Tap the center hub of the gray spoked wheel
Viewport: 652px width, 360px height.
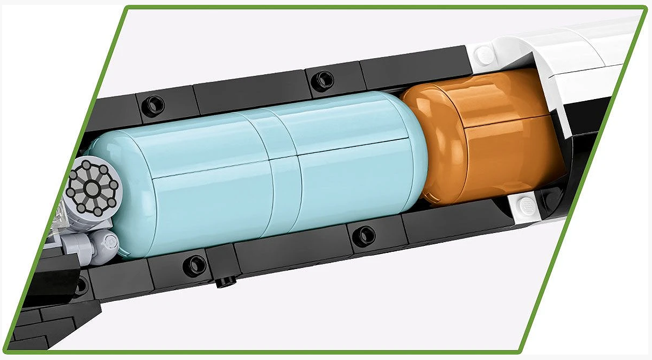click(93, 188)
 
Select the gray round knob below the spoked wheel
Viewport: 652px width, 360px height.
click(107, 243)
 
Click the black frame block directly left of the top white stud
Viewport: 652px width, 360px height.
click(415, 67)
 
